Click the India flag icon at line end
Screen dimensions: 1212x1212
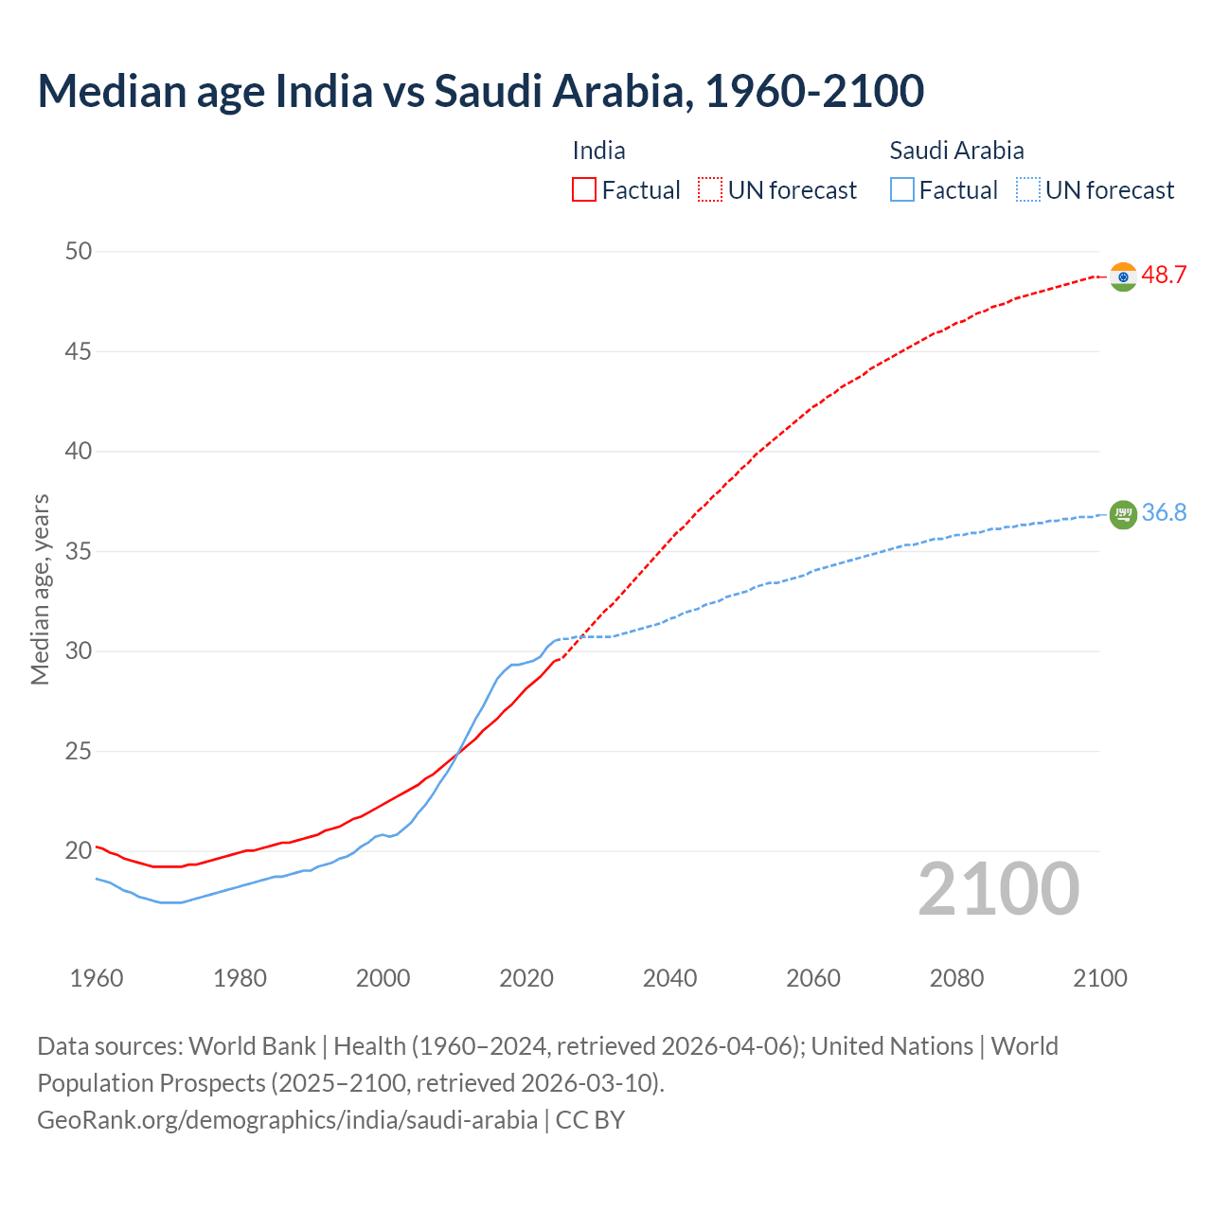pyautogui.click(x=1123, y=276)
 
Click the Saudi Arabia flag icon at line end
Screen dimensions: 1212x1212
pyautogui.click(x=1123, y=514)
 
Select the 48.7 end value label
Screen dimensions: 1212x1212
pyautogui.click(x=1164, y=276)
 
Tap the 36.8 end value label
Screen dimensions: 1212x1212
pyautogui.click(x=1164, y=513)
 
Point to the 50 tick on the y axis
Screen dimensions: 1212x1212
pyautogui.click(x=79, y=252)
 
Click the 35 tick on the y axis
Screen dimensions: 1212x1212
pyautogui.click(x=79, y=551)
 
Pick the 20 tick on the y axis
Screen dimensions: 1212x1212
pyautogui.click(x=79, y=851)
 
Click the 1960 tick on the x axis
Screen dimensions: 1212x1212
pyautogui.click(x=97, y=978)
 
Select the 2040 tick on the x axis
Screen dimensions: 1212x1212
pyautogui.click(x=669, y=978)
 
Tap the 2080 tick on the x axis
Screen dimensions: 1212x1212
pyautogui.click(x=956, y=978)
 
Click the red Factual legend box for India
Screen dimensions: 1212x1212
pyautogui.click(x=584, y=190)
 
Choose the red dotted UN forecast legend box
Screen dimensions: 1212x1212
pyautogui.click(x=710, y=190)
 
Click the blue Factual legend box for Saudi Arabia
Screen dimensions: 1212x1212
pyautogui.click(x=902, y=190)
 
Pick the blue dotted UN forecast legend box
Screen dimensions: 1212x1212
pyautogui.click(x=1028, y=190)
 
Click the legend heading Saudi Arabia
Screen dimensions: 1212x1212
pyautogui.click(x=956, y=151)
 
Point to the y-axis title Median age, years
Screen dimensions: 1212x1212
pyautogui.click(x=40, y=589)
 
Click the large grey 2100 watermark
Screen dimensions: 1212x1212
pyautogui.click(x=999, y=888)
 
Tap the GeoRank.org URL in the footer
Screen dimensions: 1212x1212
pyautogui.click(x=287, y=1120)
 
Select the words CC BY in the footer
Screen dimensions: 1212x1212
pyautogui.click(x=590, y=1120)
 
